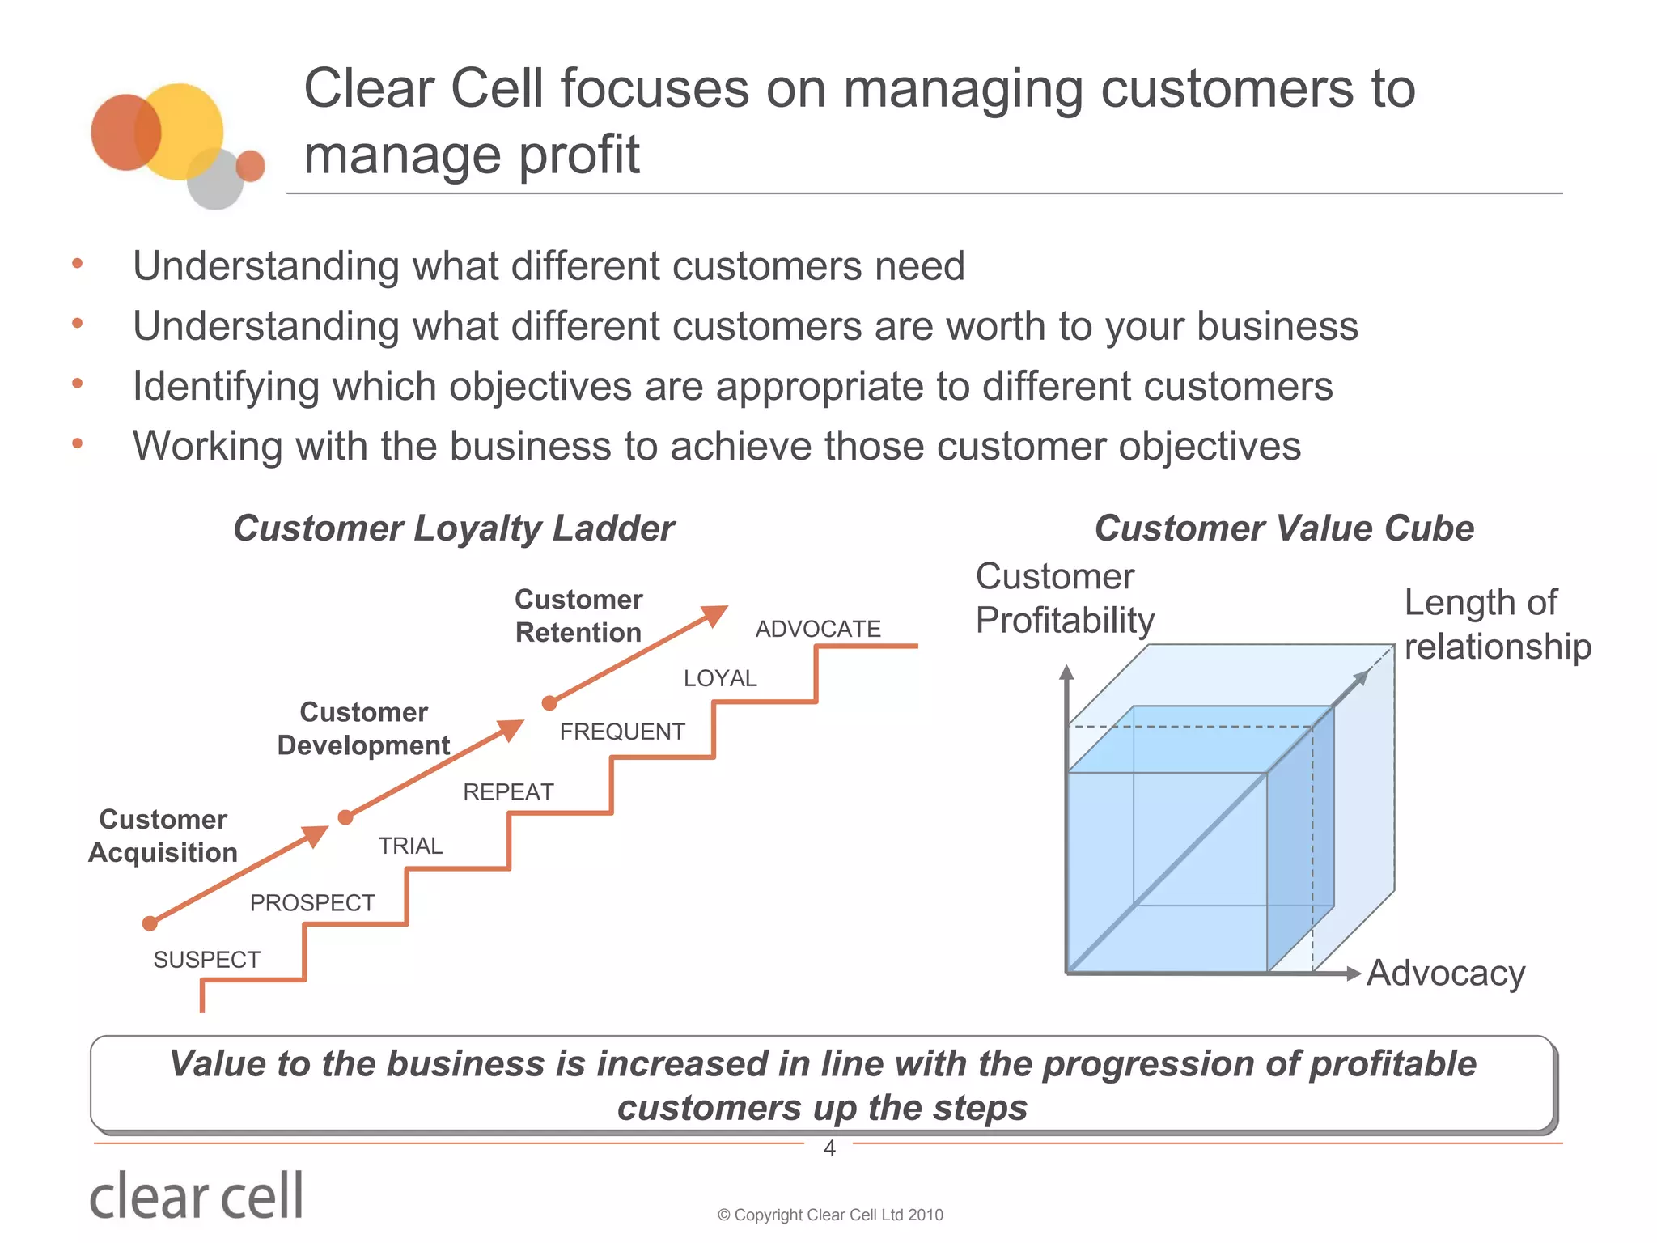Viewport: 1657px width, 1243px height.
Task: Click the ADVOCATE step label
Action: click(x=817, y=629)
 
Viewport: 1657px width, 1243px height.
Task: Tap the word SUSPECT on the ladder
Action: click(x=207, y=960)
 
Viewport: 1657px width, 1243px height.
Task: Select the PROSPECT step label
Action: click(x=312, y=902)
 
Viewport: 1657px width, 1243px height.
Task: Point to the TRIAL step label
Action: click(x=411, y=846)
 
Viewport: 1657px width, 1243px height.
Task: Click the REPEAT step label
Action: click(x=508, y=791)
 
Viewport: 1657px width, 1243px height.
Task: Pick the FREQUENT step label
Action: click(x=622, y=732)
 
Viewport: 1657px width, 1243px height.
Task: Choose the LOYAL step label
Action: click(x=720, y=678)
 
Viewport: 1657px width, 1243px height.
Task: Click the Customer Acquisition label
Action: click(x=163, y=836)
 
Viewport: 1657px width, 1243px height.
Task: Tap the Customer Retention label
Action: click(x=578, y=616)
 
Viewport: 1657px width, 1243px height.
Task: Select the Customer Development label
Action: click(x=363, y=728)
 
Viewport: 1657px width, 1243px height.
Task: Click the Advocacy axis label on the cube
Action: click(x=1445, y=973)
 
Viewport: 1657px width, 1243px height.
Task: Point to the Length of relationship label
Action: click(x=1497, y=624)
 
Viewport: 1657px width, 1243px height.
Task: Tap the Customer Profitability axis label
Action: click(x=1064, y=599)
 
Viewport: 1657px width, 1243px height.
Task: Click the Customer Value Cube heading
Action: click(x=1284, y=528)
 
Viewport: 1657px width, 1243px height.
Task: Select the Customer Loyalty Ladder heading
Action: click(x=453, y=528)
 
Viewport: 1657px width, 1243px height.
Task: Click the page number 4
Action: click(x=829, y=1148)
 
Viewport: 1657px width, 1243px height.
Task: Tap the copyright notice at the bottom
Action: click(x=830, y=1215)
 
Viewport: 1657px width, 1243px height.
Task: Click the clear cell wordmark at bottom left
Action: click(x=197, y=1196)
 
